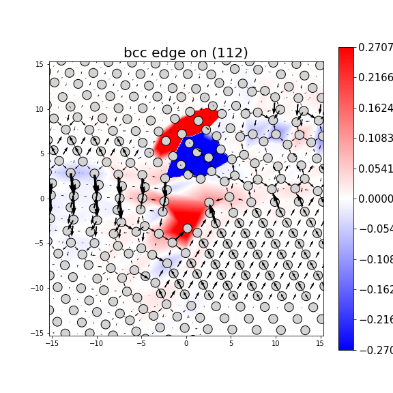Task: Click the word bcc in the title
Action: pos(136,53)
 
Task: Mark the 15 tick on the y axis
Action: pos(40,65)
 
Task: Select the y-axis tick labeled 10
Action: pos(40,109)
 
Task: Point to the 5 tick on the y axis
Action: pos(42,154)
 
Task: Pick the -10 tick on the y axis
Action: pos(38,288)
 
